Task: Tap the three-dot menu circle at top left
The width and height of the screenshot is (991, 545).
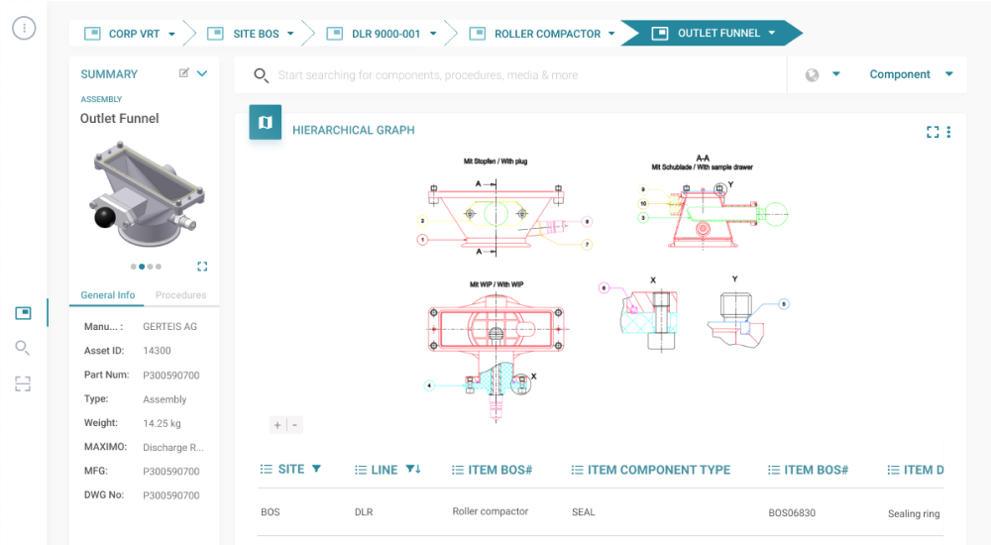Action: (x=24, y=28)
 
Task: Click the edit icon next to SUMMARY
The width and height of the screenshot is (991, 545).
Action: (x=184, y=73)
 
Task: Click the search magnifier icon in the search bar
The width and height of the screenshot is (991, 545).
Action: (x=261, y=75)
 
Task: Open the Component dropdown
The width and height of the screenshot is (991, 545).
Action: (x=911, y=74)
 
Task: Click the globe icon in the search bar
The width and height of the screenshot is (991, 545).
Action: (x=813, y=75)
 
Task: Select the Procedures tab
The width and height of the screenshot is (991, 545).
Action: (x=180, y=295)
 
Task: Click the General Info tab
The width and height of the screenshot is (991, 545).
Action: (x=108, y=295)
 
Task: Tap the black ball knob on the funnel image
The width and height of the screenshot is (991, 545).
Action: (x=105, y=218)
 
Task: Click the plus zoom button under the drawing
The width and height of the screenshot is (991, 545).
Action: (x=277, y=425)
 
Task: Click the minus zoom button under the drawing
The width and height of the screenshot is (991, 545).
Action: (x=295, y=425)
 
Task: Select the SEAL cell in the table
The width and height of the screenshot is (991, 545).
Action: (x=584, y=512)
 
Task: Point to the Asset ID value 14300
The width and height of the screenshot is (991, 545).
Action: (x=157, y=351)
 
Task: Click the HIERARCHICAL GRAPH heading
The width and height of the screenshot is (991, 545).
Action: (x=353, y=130)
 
